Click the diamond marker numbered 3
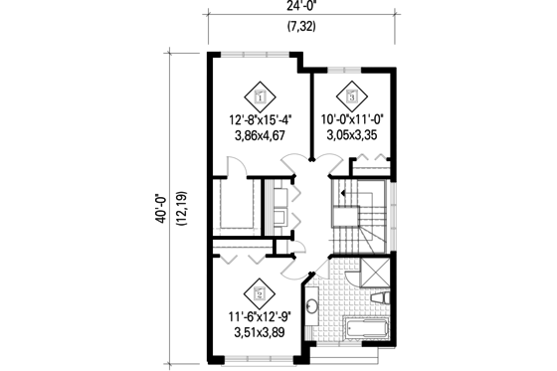click(351, 96)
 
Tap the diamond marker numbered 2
click(260, 292)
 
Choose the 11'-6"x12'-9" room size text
click(259, 320)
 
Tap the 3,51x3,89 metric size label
click(259, 335)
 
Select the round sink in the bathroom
click(311, 308)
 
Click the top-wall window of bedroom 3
click(351, 70)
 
